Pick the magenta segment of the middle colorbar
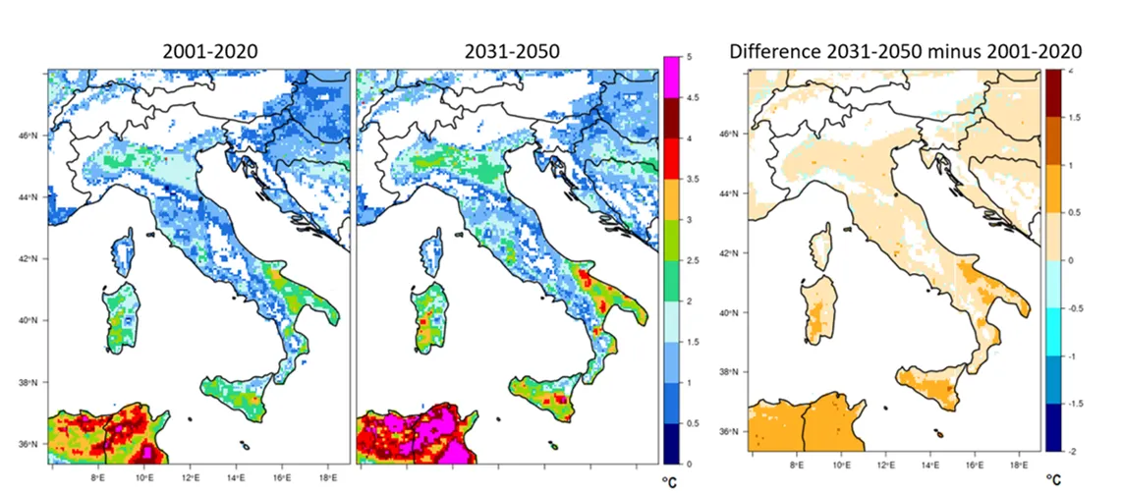[x=673, y=78]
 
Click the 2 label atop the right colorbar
[x=1070, y=71]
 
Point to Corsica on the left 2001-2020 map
[x=124, y=251]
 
